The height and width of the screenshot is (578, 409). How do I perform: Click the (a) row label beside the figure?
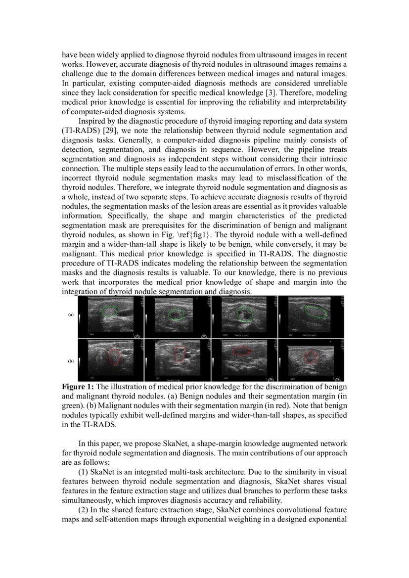71,314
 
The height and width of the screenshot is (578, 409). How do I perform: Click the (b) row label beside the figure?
71,361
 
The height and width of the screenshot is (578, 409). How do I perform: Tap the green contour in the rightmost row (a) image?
305,311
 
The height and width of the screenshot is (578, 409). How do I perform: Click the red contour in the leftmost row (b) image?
108,356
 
